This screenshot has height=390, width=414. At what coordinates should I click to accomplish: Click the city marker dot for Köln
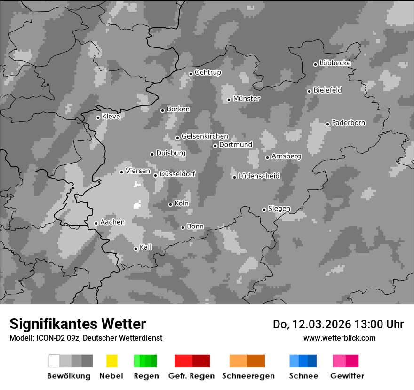(170, 204)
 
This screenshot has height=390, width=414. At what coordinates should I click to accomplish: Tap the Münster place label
(247, 99)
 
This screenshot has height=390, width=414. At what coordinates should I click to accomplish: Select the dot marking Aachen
(96, 223)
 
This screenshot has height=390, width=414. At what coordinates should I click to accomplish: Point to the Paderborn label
(348, 123)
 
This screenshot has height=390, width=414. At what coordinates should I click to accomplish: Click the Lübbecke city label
(335, 63)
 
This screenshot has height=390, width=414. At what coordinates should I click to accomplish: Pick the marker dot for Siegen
(264, 210)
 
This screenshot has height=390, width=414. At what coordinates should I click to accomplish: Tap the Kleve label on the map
(111, 117)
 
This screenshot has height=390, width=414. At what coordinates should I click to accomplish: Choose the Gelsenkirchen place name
(205, 136)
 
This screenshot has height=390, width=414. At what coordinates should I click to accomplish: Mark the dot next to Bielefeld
(309, 91)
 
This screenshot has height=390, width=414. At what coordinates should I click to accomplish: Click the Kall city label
(146, 247)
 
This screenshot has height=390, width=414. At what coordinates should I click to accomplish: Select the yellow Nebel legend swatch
(111, 361)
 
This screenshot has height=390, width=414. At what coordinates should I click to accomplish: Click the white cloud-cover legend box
(54, 361)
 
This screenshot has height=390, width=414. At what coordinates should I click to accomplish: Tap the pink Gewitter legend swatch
(339, 361)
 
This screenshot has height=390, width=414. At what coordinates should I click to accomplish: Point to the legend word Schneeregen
(248, 376)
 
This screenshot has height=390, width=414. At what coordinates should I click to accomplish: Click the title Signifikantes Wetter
(78, 324)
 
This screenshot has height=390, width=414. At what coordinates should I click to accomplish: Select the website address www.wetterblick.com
(339, 338)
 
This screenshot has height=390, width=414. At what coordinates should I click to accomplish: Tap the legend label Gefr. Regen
(191, 376)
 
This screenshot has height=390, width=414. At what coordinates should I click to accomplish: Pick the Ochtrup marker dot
(191, 74)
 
